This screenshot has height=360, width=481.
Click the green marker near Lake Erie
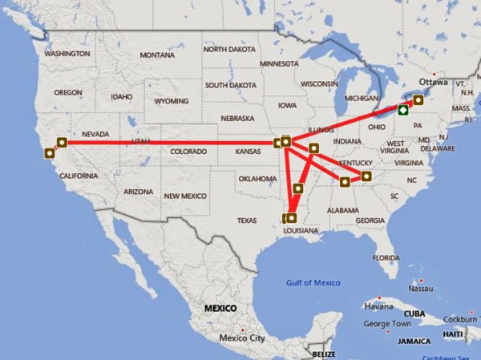click(x=402, y=111)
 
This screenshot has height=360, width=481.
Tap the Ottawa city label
click(x=433, y=82)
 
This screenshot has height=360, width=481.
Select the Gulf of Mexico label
click(x=313, y=282)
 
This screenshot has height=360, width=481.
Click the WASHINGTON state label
click(x=67, y=54)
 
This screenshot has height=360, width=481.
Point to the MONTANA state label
click(x=156, y=55)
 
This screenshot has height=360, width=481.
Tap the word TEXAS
click(x=247, y=220)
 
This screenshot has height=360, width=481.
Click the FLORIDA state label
click(x=386, y=257)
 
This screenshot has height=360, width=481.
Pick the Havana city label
click(x=378, y=306)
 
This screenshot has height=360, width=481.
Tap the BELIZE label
click(x=325, y=354)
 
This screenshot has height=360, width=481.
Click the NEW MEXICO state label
click(x=185, y=196)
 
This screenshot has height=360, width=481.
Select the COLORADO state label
click(x=188, y=151)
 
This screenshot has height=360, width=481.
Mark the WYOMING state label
click(x=171, y=102)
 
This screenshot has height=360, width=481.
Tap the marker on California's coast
click(x=51, y=152)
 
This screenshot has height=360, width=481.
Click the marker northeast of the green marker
click(x=418, y=101)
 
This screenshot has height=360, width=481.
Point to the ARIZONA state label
click(x=137, y=192)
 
